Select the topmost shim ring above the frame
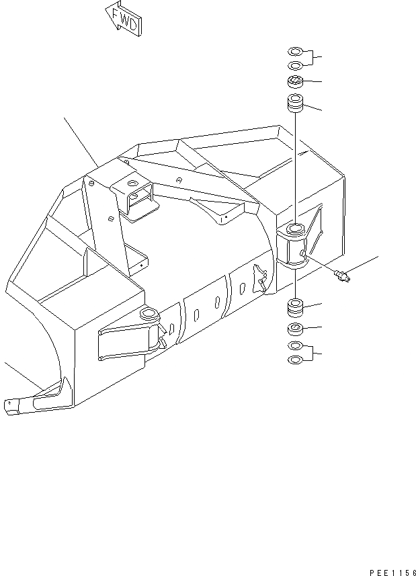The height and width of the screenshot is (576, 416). (x=294, y=51)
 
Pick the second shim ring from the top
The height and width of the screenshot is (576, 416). (x=294, y=65)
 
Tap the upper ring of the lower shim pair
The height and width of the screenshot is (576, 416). (x=294, y=345)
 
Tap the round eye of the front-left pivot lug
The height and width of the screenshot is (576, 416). (x=149, y=315)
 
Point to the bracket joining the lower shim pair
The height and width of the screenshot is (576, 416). (x=313, y=352)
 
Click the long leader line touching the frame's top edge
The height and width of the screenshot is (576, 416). (x=81, y=142)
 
